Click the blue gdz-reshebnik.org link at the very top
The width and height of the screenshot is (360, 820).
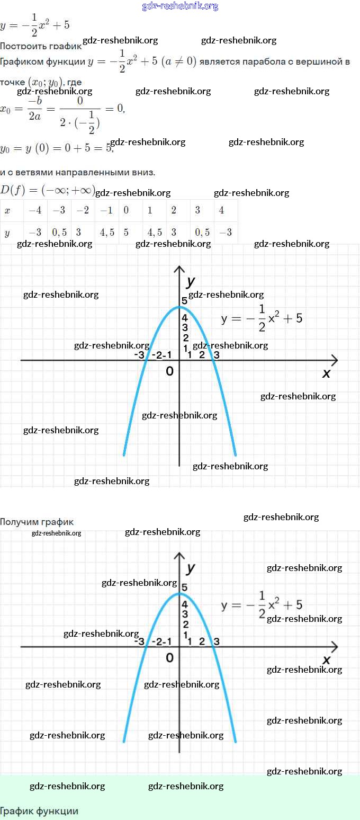[180, 6]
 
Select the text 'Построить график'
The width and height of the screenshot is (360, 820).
[40, 46]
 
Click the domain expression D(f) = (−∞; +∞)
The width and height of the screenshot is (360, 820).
[47, 190]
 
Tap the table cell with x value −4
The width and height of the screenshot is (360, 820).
[35, 210]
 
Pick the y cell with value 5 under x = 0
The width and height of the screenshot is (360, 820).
[127, 233]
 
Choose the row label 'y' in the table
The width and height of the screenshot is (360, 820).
[7, 233]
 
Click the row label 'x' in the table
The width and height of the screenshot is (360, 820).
[7, 210]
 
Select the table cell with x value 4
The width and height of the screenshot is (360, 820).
[221, 210]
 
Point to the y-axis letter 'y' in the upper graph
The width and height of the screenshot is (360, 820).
[191, 280]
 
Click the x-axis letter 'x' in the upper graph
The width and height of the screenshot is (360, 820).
[326, 373]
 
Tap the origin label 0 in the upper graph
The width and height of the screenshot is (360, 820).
[169, 371]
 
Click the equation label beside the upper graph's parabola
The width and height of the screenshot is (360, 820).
[262, 318]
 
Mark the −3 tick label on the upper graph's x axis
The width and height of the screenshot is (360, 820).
[139, 355]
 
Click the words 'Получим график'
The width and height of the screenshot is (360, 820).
[37, 522]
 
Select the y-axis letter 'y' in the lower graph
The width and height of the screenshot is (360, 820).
[191, 568]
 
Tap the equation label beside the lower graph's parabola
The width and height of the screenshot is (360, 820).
[262, 605]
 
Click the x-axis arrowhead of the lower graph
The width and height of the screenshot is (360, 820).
[334, 647]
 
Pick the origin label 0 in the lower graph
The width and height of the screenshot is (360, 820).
[169, 658]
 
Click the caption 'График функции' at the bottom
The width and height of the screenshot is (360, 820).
[39, 811]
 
